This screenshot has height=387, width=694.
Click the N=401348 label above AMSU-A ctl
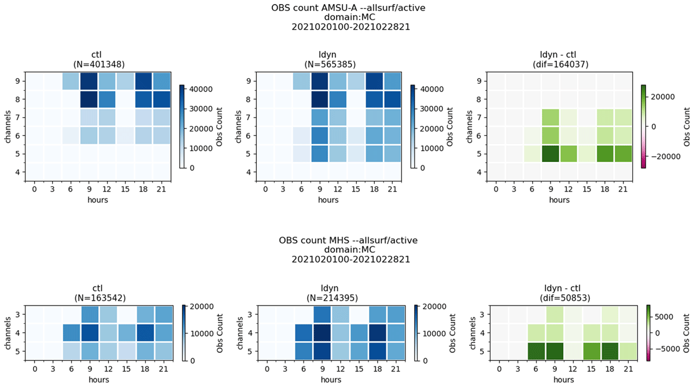coord(99,64)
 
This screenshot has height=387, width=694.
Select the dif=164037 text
coord(560,64)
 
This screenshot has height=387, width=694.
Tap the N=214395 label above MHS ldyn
coord(332,298)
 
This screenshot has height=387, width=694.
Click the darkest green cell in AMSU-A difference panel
coord(551,154)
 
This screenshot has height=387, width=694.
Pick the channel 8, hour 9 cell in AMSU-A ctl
coord(89,99)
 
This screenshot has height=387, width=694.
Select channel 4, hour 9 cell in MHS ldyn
coord(322,333)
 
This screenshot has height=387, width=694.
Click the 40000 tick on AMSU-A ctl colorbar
coord(202,89)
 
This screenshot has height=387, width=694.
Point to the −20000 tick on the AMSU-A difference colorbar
coord(666,156)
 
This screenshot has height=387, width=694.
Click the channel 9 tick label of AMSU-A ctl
coord(17,82)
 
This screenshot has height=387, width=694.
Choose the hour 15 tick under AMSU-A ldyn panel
coord(356,189)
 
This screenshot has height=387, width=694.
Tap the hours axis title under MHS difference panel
coord(563,379)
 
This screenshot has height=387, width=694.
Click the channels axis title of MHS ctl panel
coord(8,333)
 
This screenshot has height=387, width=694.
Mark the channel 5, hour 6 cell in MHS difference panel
coord(536,351)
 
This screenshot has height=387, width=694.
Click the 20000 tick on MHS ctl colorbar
coord(201,307)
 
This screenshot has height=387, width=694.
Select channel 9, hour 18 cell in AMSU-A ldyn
coord(374,81)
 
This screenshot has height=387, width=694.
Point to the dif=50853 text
coord(565,298)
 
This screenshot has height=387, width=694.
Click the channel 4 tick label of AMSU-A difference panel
coord(479,172)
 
